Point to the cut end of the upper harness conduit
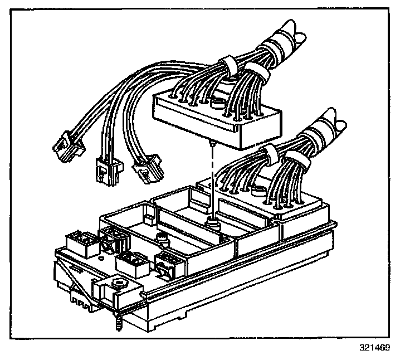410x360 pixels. tap(295, 33)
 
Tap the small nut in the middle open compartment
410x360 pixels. tap(163, 239)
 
